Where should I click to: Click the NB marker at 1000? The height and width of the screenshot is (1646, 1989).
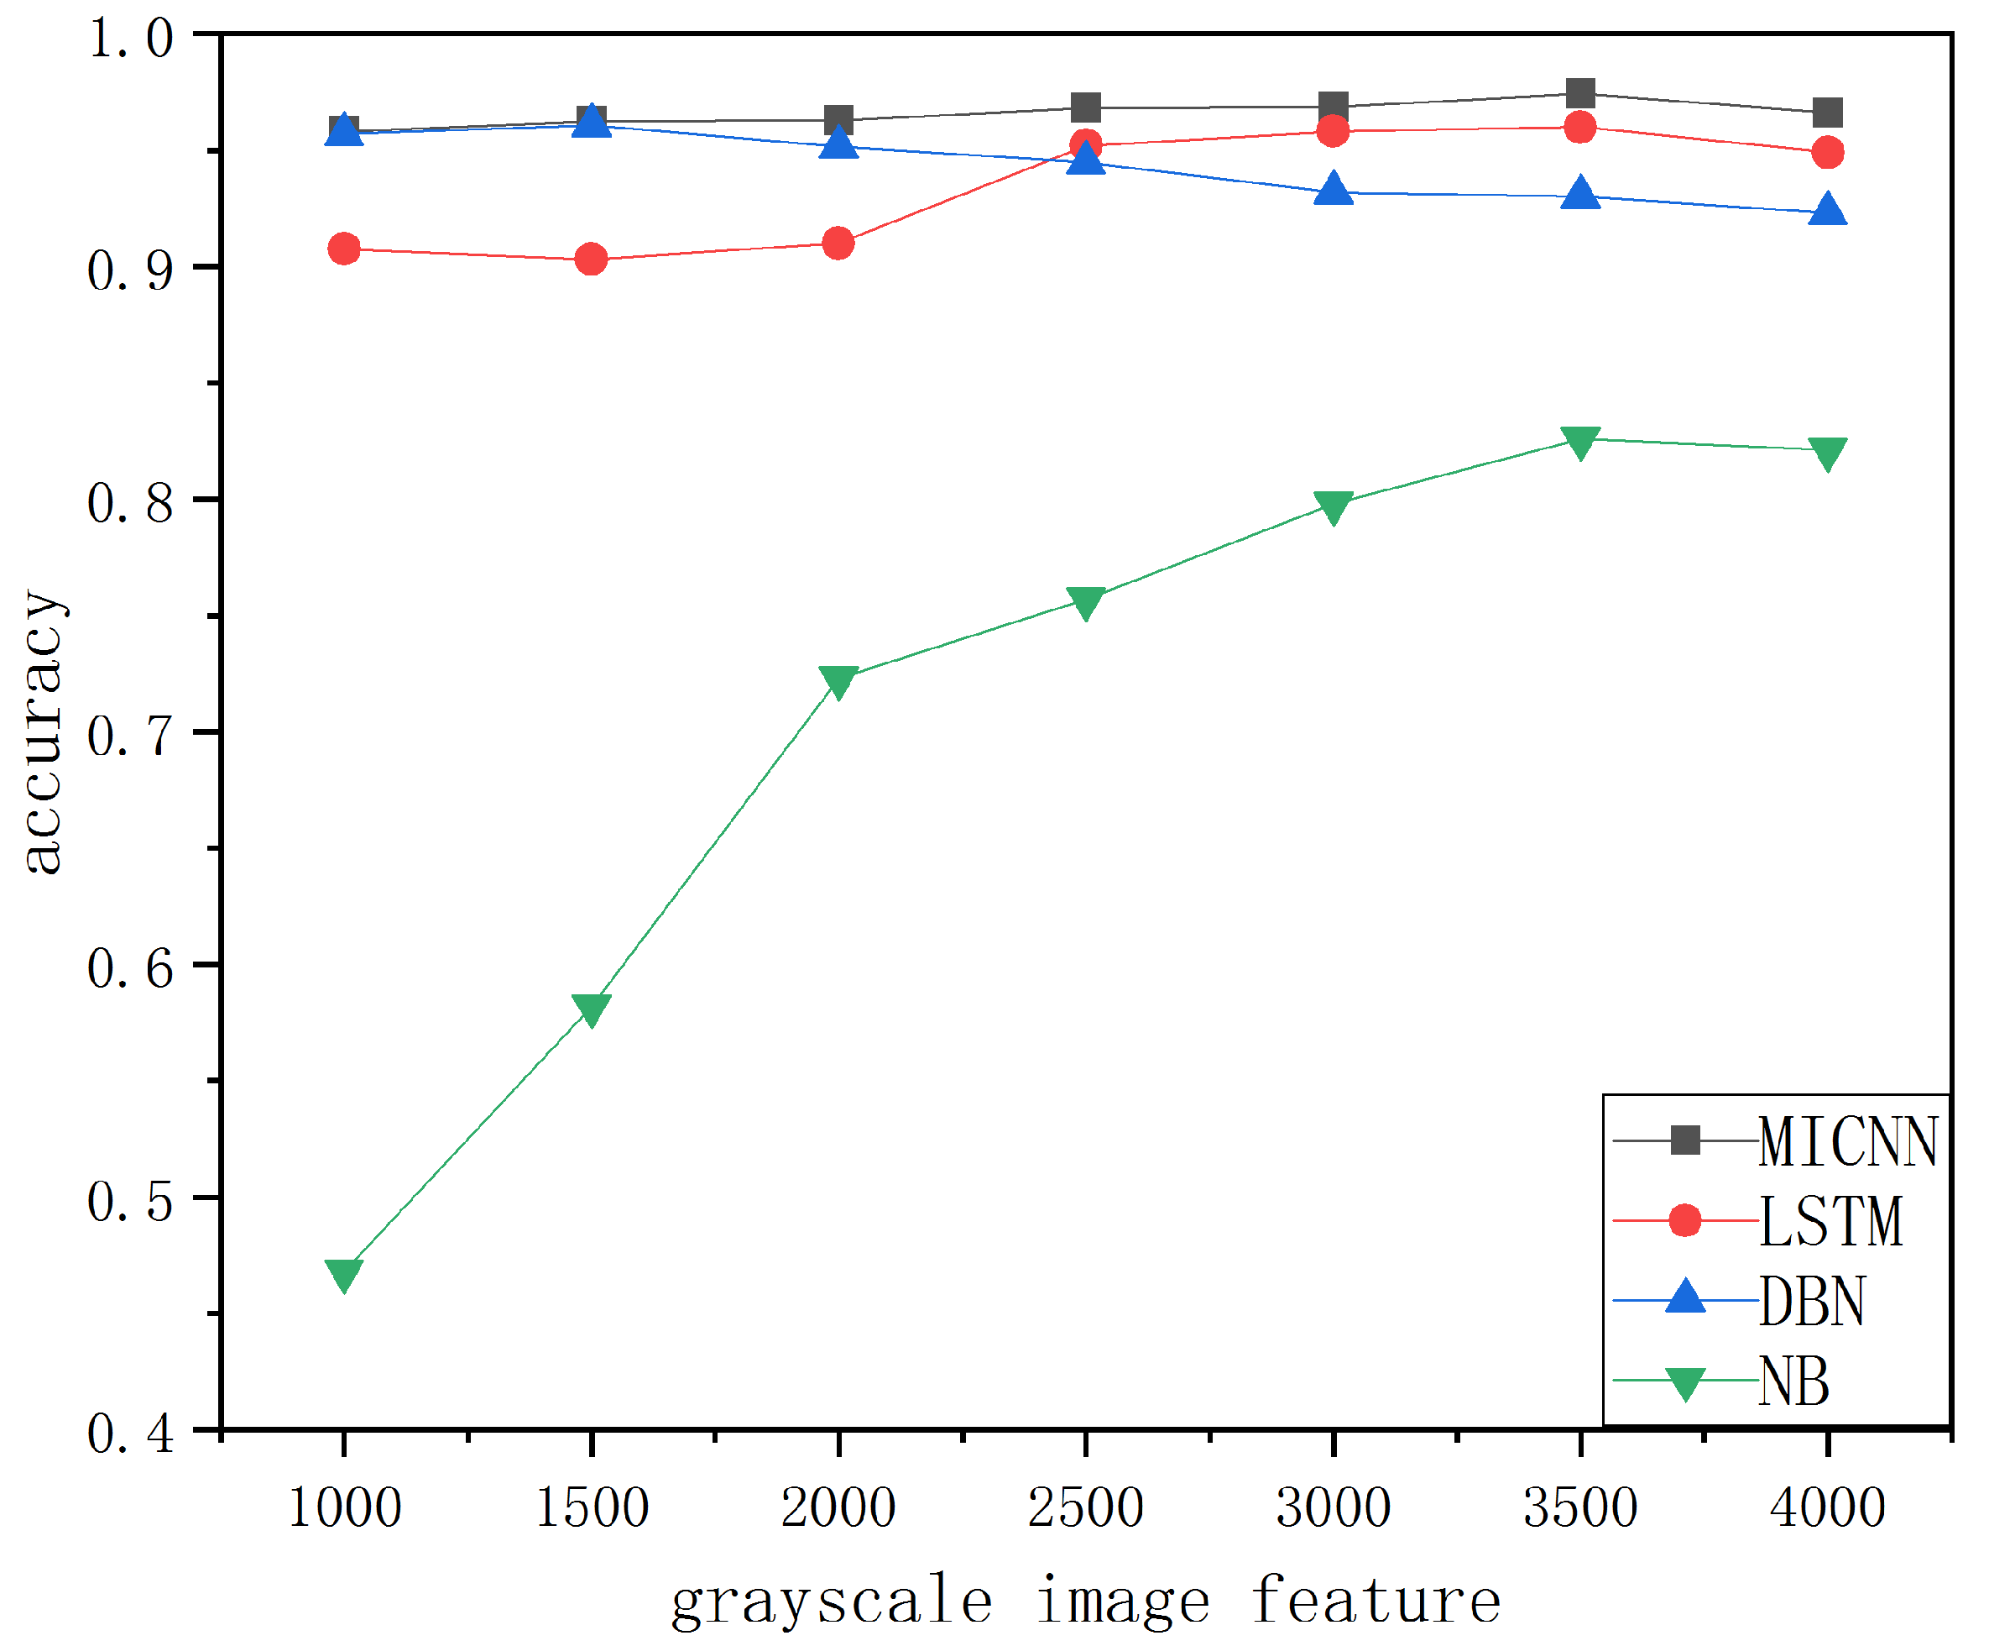tap(344, 1274)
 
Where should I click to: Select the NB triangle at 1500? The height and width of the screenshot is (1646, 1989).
tap(591, 1009)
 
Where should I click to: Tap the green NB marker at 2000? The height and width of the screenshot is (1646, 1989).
tap(838, 680)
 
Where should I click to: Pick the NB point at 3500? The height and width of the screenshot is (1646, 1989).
tap(1579, 442)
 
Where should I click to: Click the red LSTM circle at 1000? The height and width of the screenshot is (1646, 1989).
tap(344, 249)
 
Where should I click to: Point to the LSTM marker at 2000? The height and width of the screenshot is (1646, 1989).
tap(838, 244)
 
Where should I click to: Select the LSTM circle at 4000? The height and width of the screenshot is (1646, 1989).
tap(1827, 152)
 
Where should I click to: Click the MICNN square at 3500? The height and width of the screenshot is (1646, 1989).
tap(1579, 93)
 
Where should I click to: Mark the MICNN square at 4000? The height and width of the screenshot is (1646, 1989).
tap(1827, 112)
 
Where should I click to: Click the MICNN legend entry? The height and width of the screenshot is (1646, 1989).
tap(1847, 1142)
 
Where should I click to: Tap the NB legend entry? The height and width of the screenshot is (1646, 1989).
tap(1793, 1381)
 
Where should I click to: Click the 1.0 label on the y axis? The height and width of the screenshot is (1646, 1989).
tap(131, 39)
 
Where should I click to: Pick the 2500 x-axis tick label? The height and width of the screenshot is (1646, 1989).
tap(1085, 1507)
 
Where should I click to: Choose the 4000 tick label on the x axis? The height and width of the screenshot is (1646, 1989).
tap(1827, 1507)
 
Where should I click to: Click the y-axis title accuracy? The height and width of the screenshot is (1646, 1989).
tap(43, 731)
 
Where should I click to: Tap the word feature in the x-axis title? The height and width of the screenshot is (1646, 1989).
tap(1376, 1601)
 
